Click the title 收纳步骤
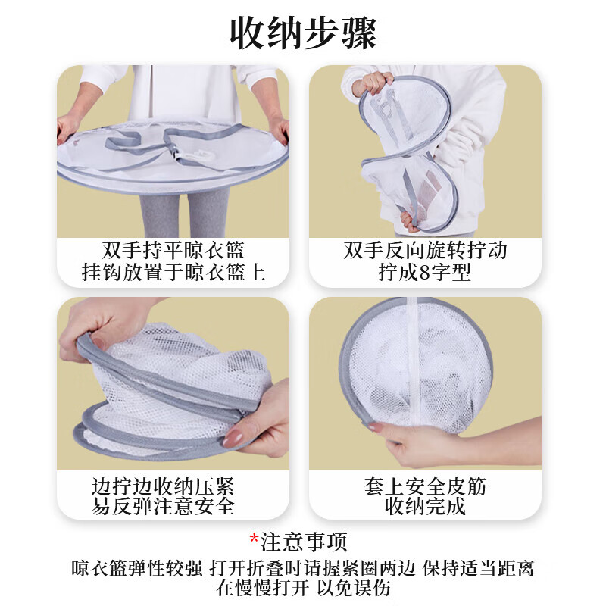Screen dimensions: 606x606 (x=303, y=33)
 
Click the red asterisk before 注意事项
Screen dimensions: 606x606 (x=254, y=539)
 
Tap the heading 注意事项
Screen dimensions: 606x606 (x=304, y=542)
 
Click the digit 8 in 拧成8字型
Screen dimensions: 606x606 (x=424, y=273)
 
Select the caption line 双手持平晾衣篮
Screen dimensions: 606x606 (x=173, y=250)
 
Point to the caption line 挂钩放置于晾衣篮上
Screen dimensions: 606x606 (x=173, y=272)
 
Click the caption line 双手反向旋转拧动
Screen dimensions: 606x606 (x=425, y=250)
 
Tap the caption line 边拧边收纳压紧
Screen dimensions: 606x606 (x=163, y=486)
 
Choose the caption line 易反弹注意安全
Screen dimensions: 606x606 (x=163, y=506)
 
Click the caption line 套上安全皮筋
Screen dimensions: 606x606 (x=425, y=486)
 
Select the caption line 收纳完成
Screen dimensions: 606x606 (x=425, y=506)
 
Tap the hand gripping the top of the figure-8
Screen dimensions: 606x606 (x=372, y=84)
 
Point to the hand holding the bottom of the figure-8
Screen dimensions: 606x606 (x=410, y=222)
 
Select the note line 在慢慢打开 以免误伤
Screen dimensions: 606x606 (x=303, y=588)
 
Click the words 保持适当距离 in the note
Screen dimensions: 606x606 (x=478, y=568)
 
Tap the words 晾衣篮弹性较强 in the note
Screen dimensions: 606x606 (x=137, y=568)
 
